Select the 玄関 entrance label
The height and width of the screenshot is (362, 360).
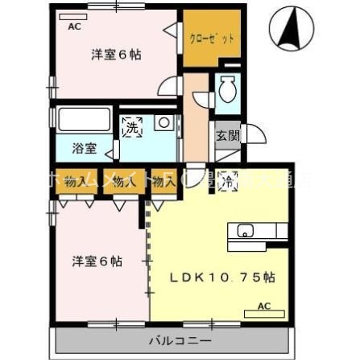point(226,136)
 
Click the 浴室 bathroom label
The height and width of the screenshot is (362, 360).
point(84,148)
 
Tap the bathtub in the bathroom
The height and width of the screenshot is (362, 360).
point(84,120)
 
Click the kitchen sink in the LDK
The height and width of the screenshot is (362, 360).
point(246,232)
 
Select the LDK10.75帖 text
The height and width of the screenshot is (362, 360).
point(222,278)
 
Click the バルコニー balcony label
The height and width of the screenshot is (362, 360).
point(179,341)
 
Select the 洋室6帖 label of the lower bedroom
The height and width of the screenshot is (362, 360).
point(97,261)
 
